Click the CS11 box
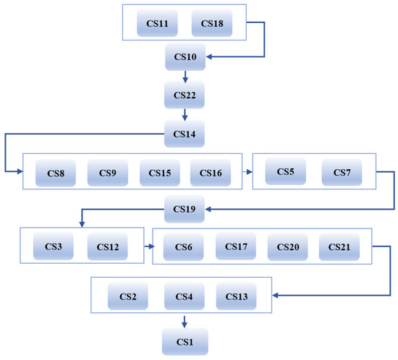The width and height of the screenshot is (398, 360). tap(157, 24)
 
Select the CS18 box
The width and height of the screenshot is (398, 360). tap(211, 24)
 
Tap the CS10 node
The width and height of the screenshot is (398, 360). tap(185, 57)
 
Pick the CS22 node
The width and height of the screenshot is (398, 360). tap(185, 95)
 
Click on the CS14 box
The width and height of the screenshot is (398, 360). tap(185, 133)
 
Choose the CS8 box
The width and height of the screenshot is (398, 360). tap(55, 173)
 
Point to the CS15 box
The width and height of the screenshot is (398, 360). tap(159, 173)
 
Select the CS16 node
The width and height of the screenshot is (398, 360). tap(211, 173)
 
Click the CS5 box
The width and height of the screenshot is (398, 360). tap(285, 172)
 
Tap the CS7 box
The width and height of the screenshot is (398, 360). tap(341, 172)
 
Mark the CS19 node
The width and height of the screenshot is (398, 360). tap(185, 210)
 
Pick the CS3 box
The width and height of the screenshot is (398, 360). tap(53, 247)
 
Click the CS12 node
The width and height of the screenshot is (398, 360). tap(107, 247)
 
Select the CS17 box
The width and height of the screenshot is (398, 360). tap(235, 247)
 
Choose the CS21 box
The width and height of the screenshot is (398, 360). tap(339, 247)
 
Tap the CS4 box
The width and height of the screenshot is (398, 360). tap(184, 296)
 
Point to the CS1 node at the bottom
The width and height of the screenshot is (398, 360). tap(185, 340)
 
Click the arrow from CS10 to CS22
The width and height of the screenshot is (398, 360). tap(185, 76)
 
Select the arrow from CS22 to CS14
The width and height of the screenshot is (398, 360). tap(185, 113)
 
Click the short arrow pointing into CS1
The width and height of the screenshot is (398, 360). tap(185, 320)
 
